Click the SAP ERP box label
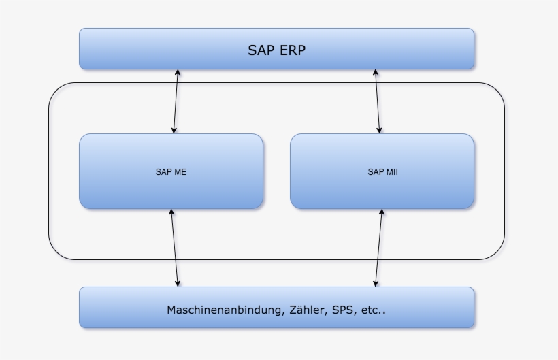tap(276, 50)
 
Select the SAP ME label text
tap(171, 172)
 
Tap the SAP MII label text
tap(382, 172)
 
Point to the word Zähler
tap(305, 310)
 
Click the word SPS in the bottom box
tap(342, 310)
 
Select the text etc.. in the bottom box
tap(374, 310)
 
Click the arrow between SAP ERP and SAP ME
tap(176, 101)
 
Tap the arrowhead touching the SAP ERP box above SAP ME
tap(178, 73)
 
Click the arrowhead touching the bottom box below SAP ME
tap(178, 282)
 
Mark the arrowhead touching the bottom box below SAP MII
tap(376, 282)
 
